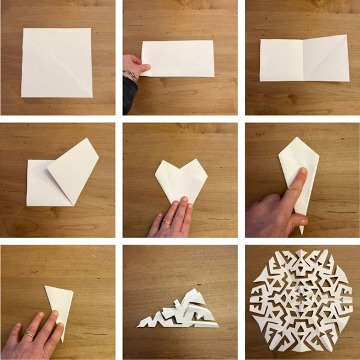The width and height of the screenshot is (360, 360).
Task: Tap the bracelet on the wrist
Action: pyautogui.click(x=130, y=76)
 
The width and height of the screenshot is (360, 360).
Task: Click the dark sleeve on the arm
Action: pyautogui.click(x=128, y=96)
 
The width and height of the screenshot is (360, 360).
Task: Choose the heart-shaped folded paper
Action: pyautogui.click(x=180, y=180)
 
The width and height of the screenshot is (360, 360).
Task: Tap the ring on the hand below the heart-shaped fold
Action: pyautogui.click(x=167, y=223)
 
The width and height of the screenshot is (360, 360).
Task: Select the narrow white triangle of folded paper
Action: pyautogui.click(x=61, y=303)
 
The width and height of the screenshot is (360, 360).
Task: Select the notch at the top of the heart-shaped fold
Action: pyautogui.click(x=182, y=167)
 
